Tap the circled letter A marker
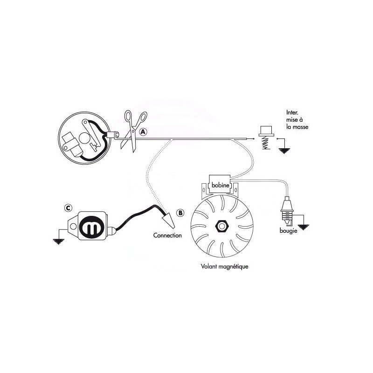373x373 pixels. [x=143, y=132]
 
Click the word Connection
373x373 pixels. [x=167, y=235]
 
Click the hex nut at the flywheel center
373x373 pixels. [x=220, y=227]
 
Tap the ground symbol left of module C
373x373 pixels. [x=57, y=240]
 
